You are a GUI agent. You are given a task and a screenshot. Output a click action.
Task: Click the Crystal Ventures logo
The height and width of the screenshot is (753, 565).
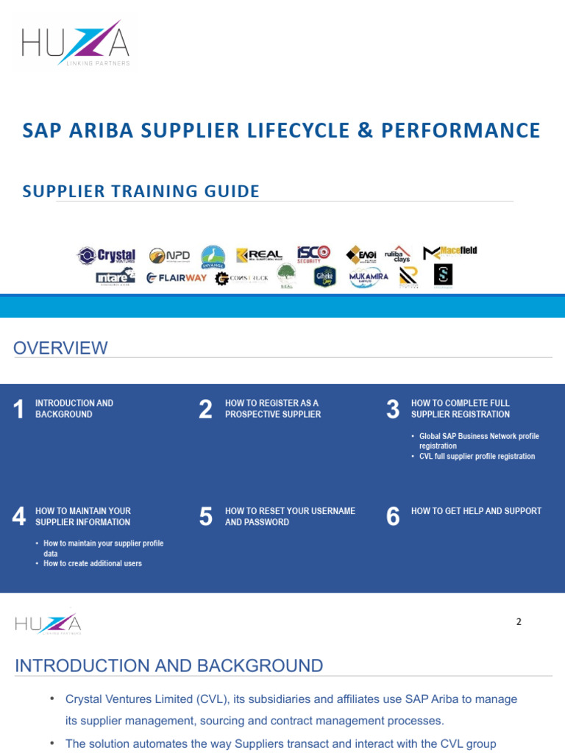click(x=107, y=255)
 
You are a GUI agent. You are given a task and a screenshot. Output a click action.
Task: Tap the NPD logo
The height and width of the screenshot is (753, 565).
click(x=169, y=255)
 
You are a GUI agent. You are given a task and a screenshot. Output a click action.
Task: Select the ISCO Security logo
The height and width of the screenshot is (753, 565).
click(x=313, y=254)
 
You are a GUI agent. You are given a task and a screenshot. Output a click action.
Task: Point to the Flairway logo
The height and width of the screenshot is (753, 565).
click(x=177, y=277)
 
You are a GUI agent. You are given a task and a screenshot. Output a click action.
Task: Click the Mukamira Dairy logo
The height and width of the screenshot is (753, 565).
click(x=369, y=277)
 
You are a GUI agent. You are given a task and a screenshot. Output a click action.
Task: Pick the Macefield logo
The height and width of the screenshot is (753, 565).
click(x=449, y=252)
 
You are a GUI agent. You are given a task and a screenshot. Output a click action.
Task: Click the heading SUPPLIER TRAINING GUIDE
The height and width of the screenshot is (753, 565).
click(x=141, y=191)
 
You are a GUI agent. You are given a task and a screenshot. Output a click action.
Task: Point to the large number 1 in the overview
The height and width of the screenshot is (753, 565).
click(x=19, y=410)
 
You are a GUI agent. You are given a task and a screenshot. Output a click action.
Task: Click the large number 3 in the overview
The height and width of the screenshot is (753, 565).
click(x=393, y=410)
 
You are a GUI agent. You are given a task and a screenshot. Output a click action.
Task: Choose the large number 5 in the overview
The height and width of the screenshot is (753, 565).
click(x=206, y=517)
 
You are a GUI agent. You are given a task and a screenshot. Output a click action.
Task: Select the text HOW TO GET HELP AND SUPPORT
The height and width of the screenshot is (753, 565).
click(x=476, y=511)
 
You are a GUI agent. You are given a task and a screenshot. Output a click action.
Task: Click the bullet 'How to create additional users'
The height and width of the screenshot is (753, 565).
click(x=93, y=563)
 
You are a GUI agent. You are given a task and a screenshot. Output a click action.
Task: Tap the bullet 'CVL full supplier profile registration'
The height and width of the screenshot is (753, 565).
click(x=477, y=456)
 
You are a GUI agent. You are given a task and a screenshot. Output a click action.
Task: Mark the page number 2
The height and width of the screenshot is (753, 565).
click(x=519, y=621)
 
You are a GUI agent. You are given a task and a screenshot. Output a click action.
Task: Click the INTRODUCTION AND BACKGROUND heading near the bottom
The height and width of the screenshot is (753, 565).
click(x=169, y=666)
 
